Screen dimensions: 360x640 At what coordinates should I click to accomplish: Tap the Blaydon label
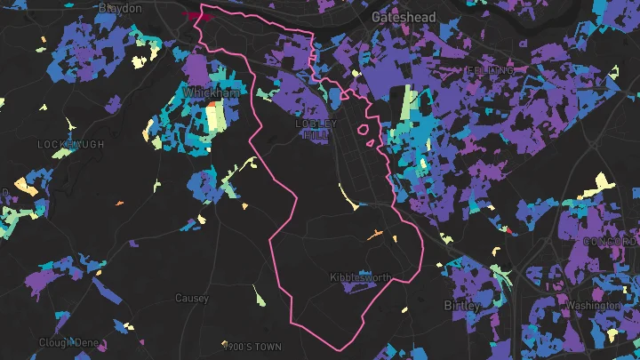120,8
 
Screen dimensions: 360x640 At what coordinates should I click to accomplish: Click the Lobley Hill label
316,129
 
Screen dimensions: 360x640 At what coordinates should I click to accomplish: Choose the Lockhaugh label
71,144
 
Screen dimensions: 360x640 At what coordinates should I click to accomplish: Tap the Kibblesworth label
360,278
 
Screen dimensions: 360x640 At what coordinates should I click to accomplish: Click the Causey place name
191,299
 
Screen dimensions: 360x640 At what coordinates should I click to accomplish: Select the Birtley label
461,306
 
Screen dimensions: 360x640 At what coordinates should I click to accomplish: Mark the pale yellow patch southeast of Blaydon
138,62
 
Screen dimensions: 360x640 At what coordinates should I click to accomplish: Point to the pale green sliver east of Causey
259,296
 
